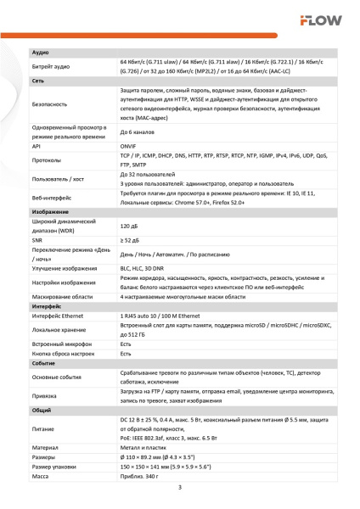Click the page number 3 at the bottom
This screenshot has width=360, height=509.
[180, 487]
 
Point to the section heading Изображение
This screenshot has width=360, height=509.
[50, 211]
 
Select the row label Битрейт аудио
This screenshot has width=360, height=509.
[51, 66]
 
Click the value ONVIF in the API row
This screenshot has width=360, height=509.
[129, 145]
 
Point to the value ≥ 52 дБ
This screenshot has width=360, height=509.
[130, 241]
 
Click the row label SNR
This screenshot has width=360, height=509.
[37, 241]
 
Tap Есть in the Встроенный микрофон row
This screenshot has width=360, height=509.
[126, 344]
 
